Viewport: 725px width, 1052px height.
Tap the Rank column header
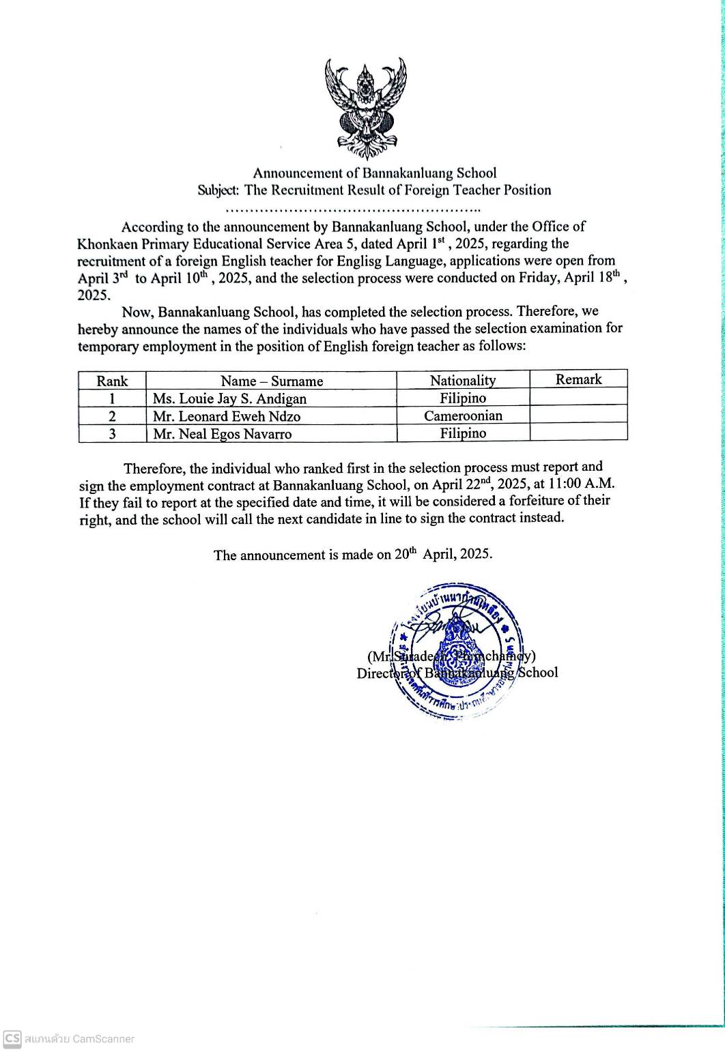pos(112,381)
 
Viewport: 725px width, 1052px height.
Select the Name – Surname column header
pos(271,381)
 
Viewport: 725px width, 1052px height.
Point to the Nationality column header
pos(463,380)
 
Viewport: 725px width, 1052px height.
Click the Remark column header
pos(578,379)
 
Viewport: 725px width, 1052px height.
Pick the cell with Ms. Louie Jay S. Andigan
pos(229,398)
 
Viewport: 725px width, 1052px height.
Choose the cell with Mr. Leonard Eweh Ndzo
pos(227,416)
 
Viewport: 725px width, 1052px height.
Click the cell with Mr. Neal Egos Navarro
pos(223,434)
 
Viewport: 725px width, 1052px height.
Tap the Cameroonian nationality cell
pos(463,415)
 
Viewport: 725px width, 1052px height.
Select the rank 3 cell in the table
pos(112,434)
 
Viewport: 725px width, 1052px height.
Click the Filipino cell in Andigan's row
pos(463,398)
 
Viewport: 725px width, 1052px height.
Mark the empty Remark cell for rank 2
pos(578,415)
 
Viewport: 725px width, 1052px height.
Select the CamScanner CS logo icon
pos(12,1038)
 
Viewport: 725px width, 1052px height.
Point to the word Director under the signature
pos(380,673)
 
